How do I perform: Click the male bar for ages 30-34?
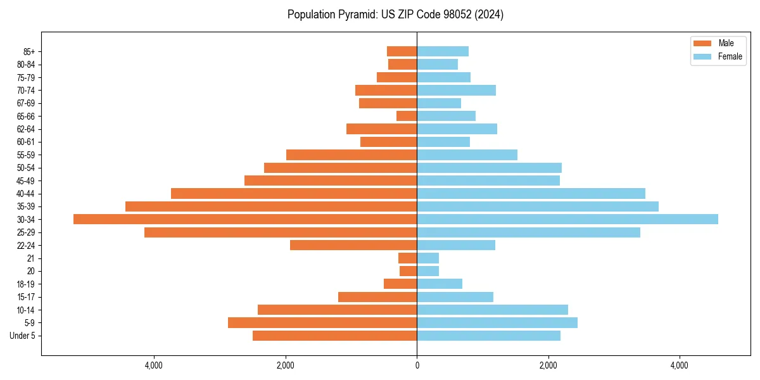[x=245, y=219]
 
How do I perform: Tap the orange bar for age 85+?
[x=402, y=51]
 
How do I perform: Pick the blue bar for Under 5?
[x=488, y=336]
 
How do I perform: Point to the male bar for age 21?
[x=407, y=258]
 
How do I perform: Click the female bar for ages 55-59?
[x=467, y=155]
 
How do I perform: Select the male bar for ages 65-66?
[x=407, y=116]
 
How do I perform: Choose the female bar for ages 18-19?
[x=440, y=284]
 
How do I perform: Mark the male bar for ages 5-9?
[x=322, y=322]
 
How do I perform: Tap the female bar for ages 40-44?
[x=531, y=193]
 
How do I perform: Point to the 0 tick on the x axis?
[x=417, y=365]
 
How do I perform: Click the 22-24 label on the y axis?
[x=26, y=245]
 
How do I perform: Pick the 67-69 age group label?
[x=26, y=103]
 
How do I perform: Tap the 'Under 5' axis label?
[x=22, y=336]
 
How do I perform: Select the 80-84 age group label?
[x=26, y=64]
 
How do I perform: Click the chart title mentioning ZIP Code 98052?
[x=395, y=15]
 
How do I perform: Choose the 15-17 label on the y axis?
[x=26, y=297]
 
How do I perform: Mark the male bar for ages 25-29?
[x=281, y=232]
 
